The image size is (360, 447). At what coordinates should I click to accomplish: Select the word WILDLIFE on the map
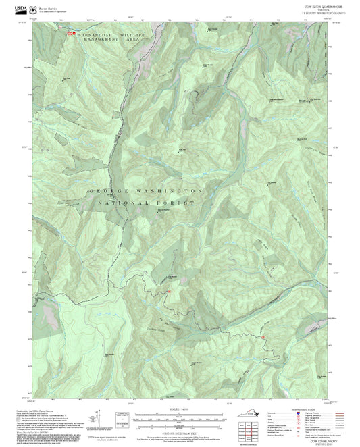point(132,34)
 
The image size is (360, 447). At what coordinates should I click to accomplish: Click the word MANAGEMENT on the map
point(102,41)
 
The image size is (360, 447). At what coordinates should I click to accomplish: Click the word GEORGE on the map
point(105,191)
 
